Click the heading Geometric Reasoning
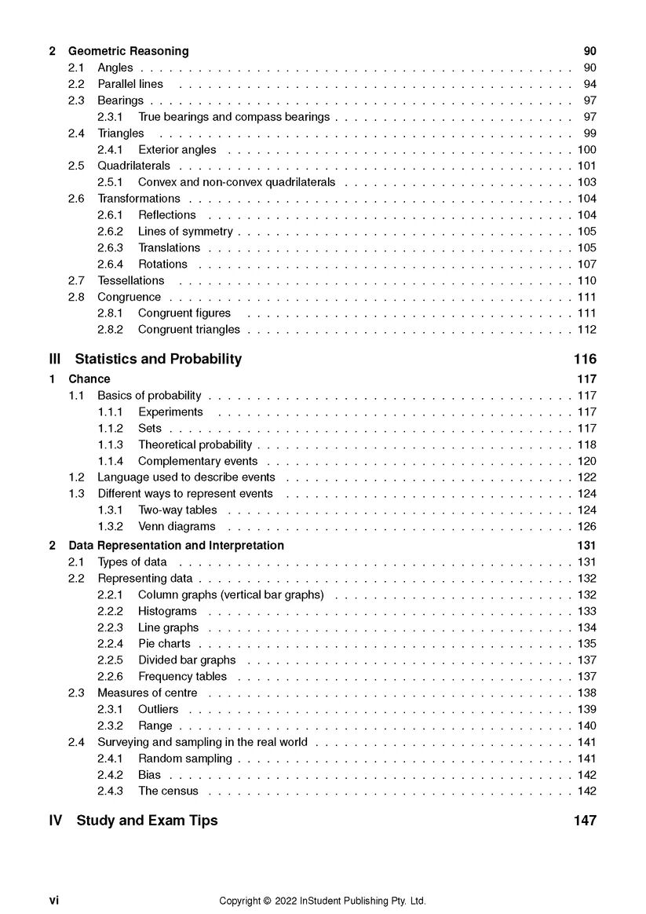(129, 51)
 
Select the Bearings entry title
(121, 101)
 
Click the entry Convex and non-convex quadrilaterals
(236, 182)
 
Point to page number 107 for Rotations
(586, 264)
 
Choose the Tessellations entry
(131, 280)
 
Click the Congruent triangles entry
(189, 330)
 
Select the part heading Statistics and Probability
(158, 360)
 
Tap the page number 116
(585, 360)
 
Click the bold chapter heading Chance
(89, 379)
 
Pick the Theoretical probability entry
(195, 444)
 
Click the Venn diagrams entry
(177, 526)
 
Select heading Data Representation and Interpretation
(177, 545)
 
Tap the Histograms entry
(167, 611)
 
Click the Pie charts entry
(164, 644)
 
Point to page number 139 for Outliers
(586, 709)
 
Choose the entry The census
(168, 791)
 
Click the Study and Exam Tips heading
(147, 821)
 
